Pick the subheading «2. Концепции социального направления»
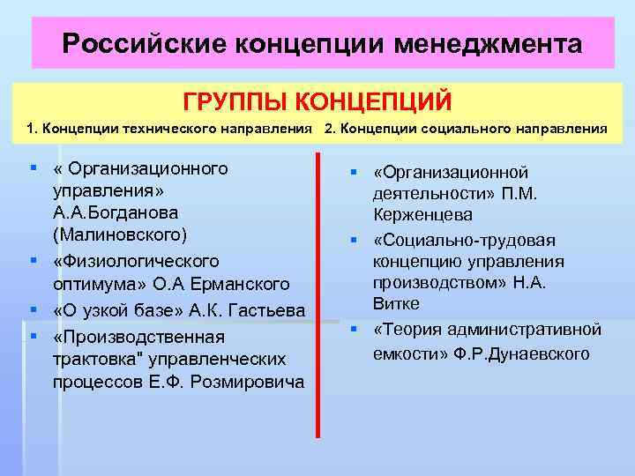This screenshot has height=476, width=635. pos(466,129)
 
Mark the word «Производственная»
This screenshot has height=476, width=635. pos(138,337)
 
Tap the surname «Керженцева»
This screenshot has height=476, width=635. pos(422,215)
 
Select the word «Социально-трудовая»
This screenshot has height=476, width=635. pos(459,239)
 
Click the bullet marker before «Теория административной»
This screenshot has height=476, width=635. pos(351,329)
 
